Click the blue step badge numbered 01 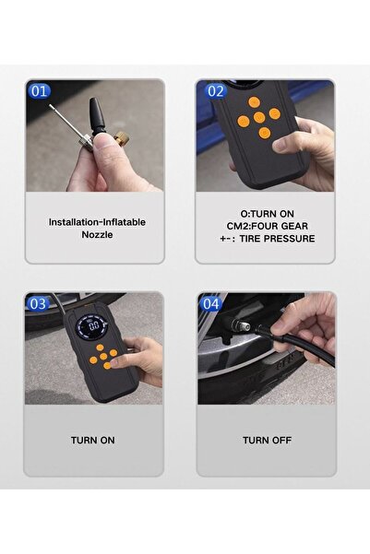(40, 91)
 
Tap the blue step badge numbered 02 (216, 91)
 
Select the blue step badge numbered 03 (38, 304)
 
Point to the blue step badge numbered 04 (211, 304)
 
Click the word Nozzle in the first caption (97, 235)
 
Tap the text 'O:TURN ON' (267, 214)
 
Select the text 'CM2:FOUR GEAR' (268, 226)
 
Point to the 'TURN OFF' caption (267, 441)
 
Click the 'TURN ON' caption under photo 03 (92, 441)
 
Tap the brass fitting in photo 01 (123, 139)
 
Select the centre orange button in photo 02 (259, 118)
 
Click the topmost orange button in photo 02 (254, 102)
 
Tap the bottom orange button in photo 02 (264, 134)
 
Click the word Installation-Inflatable (97, 222)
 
